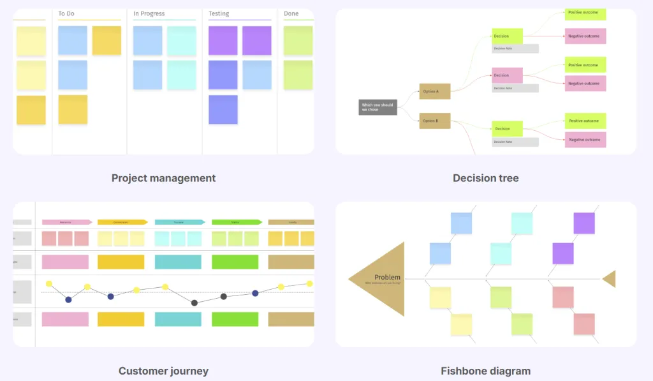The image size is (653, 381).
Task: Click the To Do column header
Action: click(x=66, y=13)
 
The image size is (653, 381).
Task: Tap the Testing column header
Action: click(x=219, y=13)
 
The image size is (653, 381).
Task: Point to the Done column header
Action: click(x=291, y=13)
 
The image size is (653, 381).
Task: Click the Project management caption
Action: click(x=163, y=178)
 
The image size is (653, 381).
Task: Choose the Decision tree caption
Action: click(x=485, y=178)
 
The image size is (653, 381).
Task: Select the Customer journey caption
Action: click(x=163, y=371)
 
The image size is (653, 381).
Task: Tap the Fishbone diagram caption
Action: click(x=485, y=371)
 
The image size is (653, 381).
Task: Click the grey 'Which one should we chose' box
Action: click(x=378, y=107)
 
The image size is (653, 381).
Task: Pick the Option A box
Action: click(x=434, y=91)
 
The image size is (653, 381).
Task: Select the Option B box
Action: click(x=434, y=121)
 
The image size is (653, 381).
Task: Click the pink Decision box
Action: click(x=507, y=75)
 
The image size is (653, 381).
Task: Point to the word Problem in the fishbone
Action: click(x=387, y=277)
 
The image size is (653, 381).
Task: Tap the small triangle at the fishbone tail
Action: click(x=610, y=279)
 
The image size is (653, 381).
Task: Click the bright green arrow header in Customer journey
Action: click(x=236, y=222)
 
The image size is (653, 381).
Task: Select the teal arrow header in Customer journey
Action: click(x=179, y=222)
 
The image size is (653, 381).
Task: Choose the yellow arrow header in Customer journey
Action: click(x=122, y=222)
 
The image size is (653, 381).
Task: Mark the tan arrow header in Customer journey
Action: click(x=291, y=222)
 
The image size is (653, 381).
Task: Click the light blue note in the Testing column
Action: click(x=257, y=75)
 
